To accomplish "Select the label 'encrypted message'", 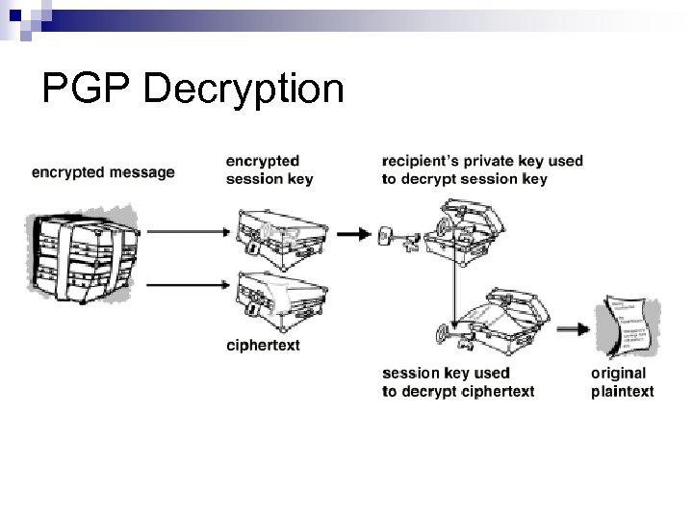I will pyautogui.click(x=103, y=173).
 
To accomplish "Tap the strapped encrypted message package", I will pyautogui.click(x=83, y=250).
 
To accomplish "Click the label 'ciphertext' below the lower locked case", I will pyautogui.click(x=262, y=345).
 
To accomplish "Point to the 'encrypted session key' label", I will pyautogui.click(x=269, y=169).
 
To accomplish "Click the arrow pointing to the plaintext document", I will pyautogui.click(x=576, y=327).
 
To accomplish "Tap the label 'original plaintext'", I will pyautogui.click(x=621, y=381).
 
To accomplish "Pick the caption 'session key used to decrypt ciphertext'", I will pyautogui.click(x=457, y=381).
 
